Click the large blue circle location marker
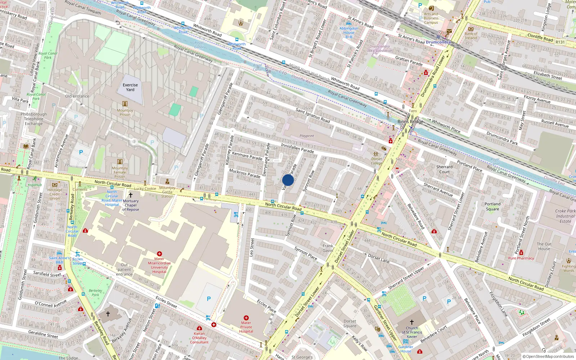pyautogui.click(x=288, y=180)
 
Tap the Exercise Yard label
pyautogui.click(x=130, y=87)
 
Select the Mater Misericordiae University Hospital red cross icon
pyautogui.click(x=159, y=254)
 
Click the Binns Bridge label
pyautogui.click(x=410, y=122)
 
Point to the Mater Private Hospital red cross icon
pyautogui.click(x=246, y=318)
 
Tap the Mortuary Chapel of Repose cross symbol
pyautogui.click(x=131, y=195)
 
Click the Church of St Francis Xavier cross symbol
pyautogui.click(x=412, y=322)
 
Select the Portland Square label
pyautogui.click(x=492, y=206)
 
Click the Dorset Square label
pyautogui.click(x=350, y=323)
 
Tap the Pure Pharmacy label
pyautogui.click(x=521, y=258)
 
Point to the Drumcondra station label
pyautogui.click(x=438, y=42)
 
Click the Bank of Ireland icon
pyautogui.click(x=471, y=29)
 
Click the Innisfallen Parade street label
pyautogui.click(x=297, y=148)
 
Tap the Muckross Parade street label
pyautogui.click(x=244, y=173)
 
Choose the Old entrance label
pyautogui.click(x=77, y=96)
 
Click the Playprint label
pyautogui.click(x=307, y=136)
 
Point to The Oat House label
pyautogui.click(x=544, y=246)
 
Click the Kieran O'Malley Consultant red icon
pyautogui.click(x=199, y=328)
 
